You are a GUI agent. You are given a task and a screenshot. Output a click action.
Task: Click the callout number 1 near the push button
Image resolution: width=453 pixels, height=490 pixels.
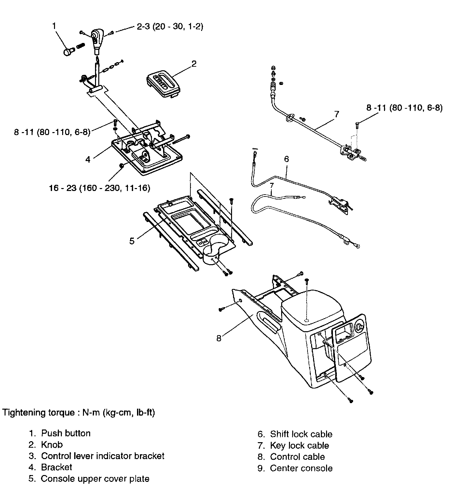click(x=54, y=26)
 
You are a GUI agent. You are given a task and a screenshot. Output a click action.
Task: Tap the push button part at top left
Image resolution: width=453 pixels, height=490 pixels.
click(x=68, y=52)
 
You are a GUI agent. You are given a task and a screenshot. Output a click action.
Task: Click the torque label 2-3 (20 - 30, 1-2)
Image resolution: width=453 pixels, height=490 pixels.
click(x=170, y=27)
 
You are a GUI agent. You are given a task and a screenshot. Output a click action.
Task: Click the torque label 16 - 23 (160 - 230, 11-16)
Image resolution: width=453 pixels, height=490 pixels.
click(x=100, y=188)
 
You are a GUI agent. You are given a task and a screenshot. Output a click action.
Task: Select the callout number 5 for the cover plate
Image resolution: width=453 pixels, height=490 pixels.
click(x=132, y=241)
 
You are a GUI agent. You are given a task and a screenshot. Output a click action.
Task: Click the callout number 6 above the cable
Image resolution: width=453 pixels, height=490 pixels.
click(x=286, y=159)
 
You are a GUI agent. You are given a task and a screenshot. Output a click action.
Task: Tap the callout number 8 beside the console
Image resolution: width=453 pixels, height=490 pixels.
click(x=219, y=338)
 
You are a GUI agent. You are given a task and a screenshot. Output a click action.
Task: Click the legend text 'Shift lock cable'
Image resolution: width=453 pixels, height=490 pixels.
click(x=301, y=434)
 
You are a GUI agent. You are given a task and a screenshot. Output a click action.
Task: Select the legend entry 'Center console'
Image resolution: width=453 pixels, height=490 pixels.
click(x=301, y=468)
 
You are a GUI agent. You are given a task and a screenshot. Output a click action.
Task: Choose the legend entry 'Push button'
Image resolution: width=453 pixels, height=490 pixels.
click(x=65, y=433)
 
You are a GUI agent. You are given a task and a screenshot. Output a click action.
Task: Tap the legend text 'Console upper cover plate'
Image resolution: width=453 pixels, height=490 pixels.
click(x=95, y=479)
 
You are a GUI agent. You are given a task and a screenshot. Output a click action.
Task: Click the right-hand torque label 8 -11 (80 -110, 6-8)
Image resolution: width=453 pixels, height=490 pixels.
click(x=404, y=108)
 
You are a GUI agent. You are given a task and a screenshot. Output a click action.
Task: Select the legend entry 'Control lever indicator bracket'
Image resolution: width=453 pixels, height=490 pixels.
click(x=103, y=456)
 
